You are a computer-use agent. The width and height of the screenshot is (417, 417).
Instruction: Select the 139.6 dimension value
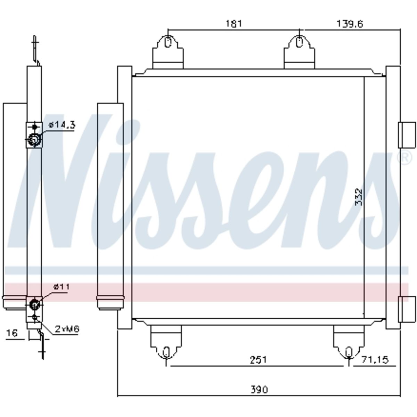pos(350,24)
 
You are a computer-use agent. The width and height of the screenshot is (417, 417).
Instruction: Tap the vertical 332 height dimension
pos(359,197)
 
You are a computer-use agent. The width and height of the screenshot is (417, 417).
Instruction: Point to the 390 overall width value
pos(259,390)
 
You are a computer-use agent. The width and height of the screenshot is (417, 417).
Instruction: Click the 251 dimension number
pos(259,360)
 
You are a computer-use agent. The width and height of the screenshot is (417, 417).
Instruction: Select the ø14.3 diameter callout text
pos(62,125)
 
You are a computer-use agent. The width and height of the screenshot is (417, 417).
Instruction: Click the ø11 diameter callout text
pos(62,287)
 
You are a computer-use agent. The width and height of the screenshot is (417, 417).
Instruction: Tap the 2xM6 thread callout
pos(67,329)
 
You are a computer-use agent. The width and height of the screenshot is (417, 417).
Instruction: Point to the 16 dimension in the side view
pos(12,333)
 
